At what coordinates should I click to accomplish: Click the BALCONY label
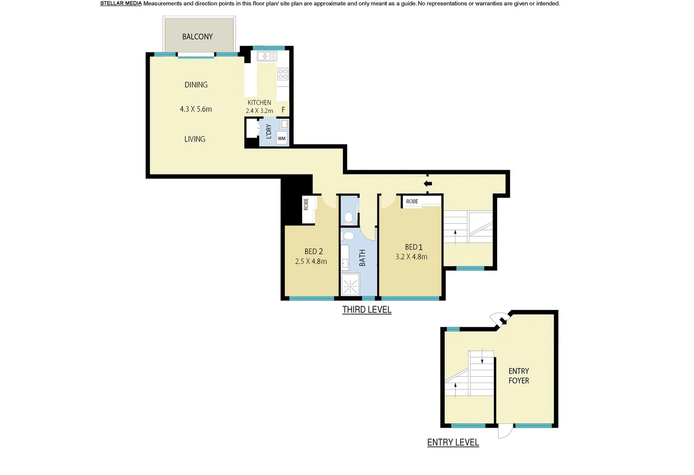197,37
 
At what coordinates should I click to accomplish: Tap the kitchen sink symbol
266,56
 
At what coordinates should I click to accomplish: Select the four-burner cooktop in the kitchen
283,74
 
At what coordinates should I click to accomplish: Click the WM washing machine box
282,138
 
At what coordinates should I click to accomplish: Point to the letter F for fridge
283,110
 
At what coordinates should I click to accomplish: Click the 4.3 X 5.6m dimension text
196,109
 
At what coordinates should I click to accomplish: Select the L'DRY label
268,132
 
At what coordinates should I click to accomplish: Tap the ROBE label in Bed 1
412,201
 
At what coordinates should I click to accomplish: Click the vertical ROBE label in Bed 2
306,204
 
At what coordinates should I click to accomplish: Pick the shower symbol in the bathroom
350,284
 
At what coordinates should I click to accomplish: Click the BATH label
362,258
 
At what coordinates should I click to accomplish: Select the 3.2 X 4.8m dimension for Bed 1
411,257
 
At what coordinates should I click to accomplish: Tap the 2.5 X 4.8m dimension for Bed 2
311,261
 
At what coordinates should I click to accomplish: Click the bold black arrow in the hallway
428,184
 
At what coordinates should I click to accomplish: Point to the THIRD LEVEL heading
367,310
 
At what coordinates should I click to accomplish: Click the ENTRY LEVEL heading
453,442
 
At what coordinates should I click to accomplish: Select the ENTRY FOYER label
519,376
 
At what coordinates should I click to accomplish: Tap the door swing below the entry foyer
505,432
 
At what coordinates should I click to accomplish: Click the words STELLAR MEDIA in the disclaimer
121,4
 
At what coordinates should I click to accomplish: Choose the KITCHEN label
259,102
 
